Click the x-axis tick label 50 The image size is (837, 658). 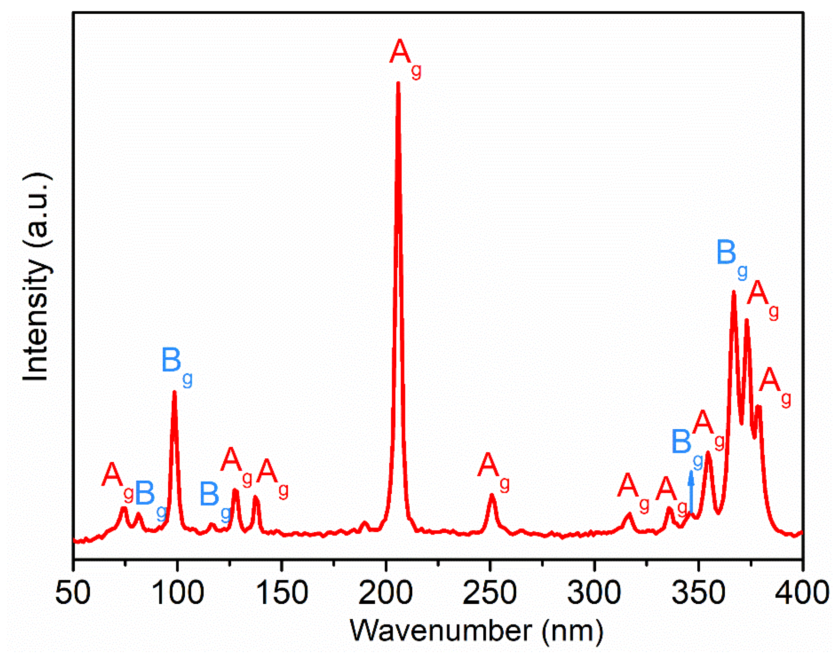coord(73,593)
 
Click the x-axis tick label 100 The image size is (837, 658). coord(177,593)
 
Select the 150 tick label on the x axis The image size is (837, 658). coord(282,593)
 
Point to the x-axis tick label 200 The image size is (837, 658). coord(386,593)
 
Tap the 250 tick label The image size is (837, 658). coord(490,593)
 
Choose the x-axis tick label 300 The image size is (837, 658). coord(594,593)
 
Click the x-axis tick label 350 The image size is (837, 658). coord(698,593)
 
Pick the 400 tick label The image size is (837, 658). coord(802,593)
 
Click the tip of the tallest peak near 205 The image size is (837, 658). coord(398,83)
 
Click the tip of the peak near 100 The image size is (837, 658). coord(175,392)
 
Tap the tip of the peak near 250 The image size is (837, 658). coord(492,495)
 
